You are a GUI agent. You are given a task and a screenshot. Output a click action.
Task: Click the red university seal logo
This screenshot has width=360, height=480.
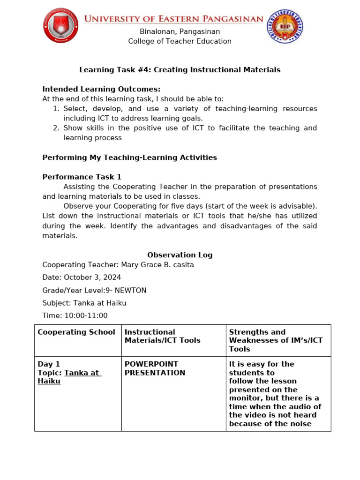click(61, 25)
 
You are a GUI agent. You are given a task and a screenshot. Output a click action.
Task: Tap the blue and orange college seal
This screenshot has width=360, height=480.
click(285, 27)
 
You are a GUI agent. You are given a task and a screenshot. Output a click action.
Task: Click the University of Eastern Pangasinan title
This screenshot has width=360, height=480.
click(173, 19)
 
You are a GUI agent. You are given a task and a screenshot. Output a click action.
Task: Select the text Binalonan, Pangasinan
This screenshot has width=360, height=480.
click(180, 31)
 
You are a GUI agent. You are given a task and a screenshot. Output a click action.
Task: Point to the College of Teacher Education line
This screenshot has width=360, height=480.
click(180, 41)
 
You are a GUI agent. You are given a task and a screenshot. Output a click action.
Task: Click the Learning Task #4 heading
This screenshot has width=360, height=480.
click(180, 70)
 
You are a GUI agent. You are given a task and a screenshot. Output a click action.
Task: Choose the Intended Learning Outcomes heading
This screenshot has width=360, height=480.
click(101, 89)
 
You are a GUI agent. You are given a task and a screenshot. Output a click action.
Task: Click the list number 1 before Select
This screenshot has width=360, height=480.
click(56, 109)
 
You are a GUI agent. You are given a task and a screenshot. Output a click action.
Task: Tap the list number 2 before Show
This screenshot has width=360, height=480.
click(56, 128)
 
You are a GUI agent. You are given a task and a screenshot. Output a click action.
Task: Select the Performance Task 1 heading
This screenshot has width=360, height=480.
click(82, 177)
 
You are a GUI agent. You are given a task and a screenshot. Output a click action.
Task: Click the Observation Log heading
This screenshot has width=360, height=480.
click(180, 255)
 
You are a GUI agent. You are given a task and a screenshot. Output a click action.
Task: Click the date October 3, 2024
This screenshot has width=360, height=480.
click(92, 277)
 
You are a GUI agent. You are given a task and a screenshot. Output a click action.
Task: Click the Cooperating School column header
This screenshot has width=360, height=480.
click(76, 332)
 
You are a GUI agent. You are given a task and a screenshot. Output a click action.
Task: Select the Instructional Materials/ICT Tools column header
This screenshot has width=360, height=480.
click(162, 336)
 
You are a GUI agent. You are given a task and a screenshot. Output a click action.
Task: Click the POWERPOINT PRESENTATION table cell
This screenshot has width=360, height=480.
click(155, 368)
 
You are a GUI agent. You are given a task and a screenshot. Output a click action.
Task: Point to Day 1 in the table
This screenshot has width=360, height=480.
click(49, 364)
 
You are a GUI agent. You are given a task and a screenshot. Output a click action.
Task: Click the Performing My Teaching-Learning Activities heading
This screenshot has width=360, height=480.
click(130, 157)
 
